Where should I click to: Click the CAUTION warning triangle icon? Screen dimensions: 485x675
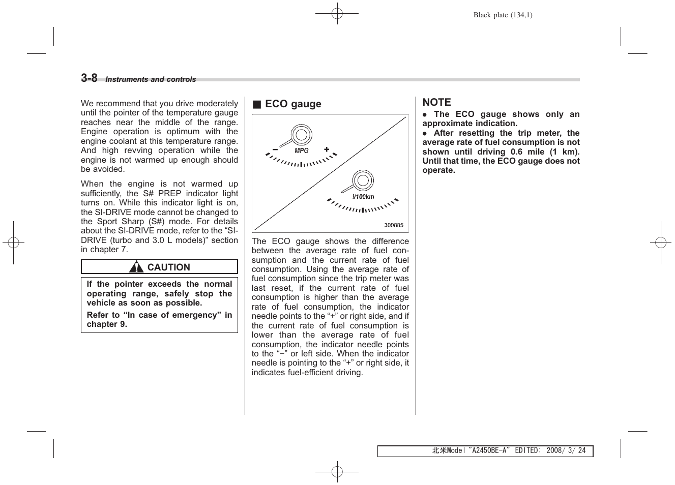[136, 267]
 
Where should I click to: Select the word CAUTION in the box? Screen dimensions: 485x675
[168, 267]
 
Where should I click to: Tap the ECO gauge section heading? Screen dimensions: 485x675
[293, 104]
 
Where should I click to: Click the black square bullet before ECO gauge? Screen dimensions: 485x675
[257, 105]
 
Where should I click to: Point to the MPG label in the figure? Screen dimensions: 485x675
[302, 151]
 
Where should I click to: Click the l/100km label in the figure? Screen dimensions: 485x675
[363, 197]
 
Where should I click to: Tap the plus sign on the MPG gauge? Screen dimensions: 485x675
[327, 150]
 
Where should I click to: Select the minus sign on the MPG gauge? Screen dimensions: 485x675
[275, 150]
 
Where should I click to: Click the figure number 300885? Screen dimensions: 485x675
[394, 225]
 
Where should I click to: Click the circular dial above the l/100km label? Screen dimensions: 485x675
[363, 181]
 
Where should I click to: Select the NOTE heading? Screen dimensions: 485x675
[436, 102]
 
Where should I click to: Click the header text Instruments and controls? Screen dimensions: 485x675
[151, 80]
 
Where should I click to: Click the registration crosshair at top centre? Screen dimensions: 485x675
[337, 14]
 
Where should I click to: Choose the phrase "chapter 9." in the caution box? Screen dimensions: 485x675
[107, 324]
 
